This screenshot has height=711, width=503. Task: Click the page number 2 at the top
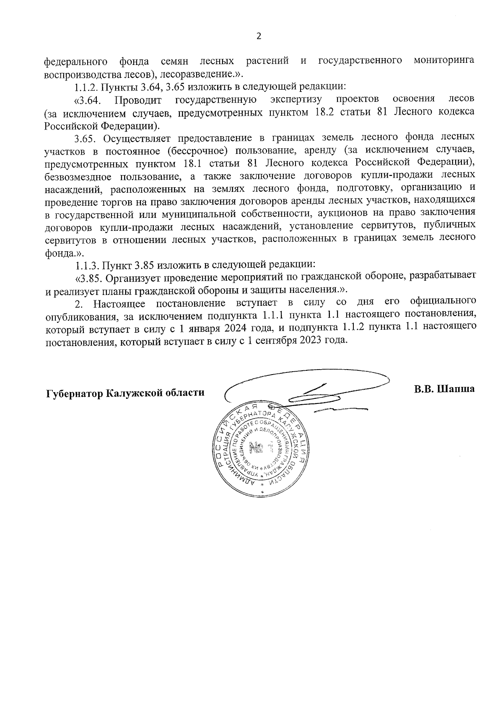point(258,36)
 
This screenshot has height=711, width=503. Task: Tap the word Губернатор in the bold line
point(74,393)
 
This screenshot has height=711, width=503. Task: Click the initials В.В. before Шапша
point(424,389)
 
